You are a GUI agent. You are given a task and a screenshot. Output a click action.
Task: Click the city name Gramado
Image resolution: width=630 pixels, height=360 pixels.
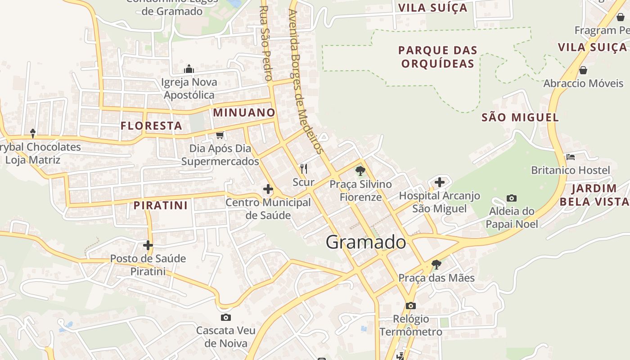pyautogui.click(x=365, y=242)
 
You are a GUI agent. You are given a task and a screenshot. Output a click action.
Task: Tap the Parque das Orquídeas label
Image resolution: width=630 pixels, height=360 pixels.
pyautogui.click(x=437, y=57)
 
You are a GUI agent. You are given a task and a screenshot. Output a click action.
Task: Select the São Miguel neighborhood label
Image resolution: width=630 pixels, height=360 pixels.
pyautogui.click(x=520, y=117)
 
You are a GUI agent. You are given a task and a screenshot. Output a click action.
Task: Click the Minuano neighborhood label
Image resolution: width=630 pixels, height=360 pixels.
pyautogui.click(x=244, y=112)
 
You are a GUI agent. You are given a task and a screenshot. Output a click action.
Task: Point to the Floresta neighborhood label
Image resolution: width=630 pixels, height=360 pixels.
pyautogui.click(x=151, y=126)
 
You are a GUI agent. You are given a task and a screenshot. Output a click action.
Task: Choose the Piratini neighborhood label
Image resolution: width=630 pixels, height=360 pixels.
pyautogui.click(x=160, y=205)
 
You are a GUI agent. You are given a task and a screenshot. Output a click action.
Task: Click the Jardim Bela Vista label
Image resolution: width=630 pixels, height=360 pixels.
pyautogui.click(x=594, y=195)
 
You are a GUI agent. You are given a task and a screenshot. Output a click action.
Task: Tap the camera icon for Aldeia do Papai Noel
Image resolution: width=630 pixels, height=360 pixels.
pyautogui.click(x=511, y=198)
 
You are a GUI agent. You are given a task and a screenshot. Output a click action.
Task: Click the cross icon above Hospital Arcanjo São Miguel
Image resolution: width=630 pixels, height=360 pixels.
pyautogui.click(x=440, y=182)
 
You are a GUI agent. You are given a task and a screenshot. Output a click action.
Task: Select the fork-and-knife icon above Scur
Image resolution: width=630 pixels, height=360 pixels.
pyautogui.click(x=304, y=169)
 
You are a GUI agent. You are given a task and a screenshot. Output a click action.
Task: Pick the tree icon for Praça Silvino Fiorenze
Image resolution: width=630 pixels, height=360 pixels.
pyautogui.click(x=360, y=171)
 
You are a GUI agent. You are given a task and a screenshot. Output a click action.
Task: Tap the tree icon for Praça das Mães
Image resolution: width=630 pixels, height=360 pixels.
pyautogui.click(x=436, y=264)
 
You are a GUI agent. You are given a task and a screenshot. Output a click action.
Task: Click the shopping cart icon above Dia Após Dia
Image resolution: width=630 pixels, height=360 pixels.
pyautogui.click(x=220, y=135)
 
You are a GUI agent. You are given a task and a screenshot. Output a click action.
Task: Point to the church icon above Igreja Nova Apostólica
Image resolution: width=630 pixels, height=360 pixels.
pyautogui.click(x=189, y=69)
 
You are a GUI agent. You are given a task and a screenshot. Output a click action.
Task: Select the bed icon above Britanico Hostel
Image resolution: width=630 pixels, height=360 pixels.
pyautogui.click(x=571, y=157)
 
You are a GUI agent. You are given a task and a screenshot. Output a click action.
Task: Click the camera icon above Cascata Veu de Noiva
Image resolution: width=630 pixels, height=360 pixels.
pyautogui.click(x=226, y=317)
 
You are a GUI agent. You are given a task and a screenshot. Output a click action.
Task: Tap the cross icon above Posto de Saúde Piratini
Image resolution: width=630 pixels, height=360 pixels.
pyautogui.click(x=148, y=245)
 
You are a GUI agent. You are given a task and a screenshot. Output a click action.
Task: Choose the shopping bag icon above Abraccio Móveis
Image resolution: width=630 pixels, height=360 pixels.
pyautogui.click(x=583, y=70)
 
